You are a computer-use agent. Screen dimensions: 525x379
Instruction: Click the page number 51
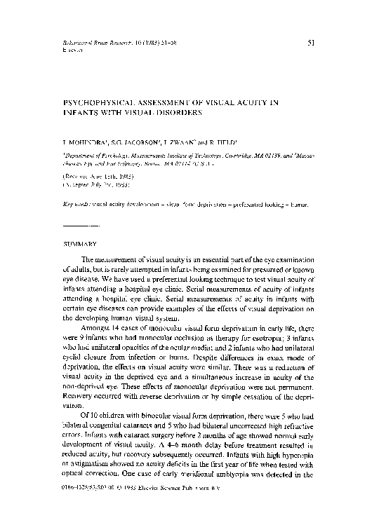(311, 43)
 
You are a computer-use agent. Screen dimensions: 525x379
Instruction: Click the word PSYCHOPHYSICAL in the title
(88, 102)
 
